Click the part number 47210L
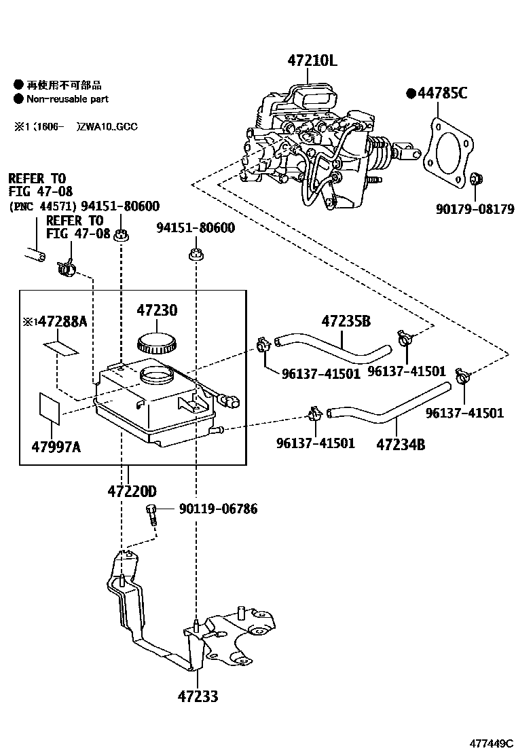click(312, 60)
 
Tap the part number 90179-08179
click(475, 209)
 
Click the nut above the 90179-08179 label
click(476, 179)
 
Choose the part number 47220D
click(132, 490)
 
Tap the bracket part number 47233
click(198, 696)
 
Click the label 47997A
click(57, 446)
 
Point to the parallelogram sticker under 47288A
click(62, 348)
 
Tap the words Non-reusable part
click(67, 99)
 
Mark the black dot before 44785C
click(410, 94)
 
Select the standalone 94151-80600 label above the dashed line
click(196, 227)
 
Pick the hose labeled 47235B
click(333, 344)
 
